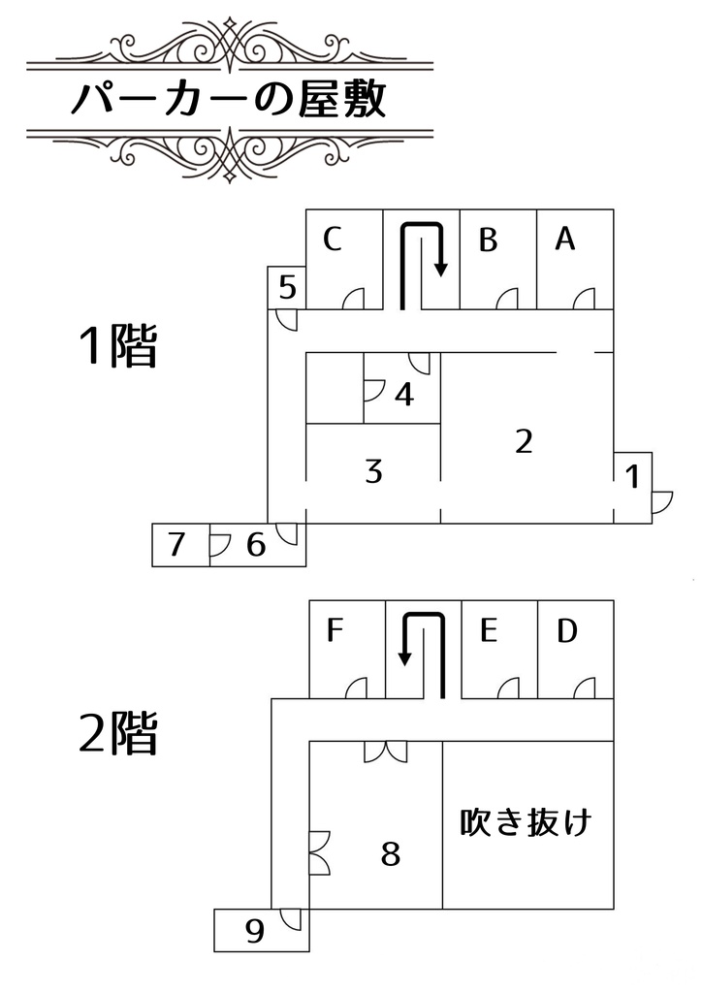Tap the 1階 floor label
[x=117, y=345]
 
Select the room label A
[x=565, y=239]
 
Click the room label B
[x=489, y=240]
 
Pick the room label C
[x=333, y=239]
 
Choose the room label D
[x=567, y=631]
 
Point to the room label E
[x=489, y=631]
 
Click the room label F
[x=335, y=631]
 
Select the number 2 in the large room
[x=524, y=441]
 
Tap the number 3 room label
[x=373, y=472]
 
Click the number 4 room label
[x=405, y=395]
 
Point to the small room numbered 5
[x=287, y=287]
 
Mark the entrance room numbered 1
[x=633, y=477]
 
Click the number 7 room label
[x=176, y=545]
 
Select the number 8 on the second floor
[x=390, y=855]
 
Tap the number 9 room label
[x=255, y=932]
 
